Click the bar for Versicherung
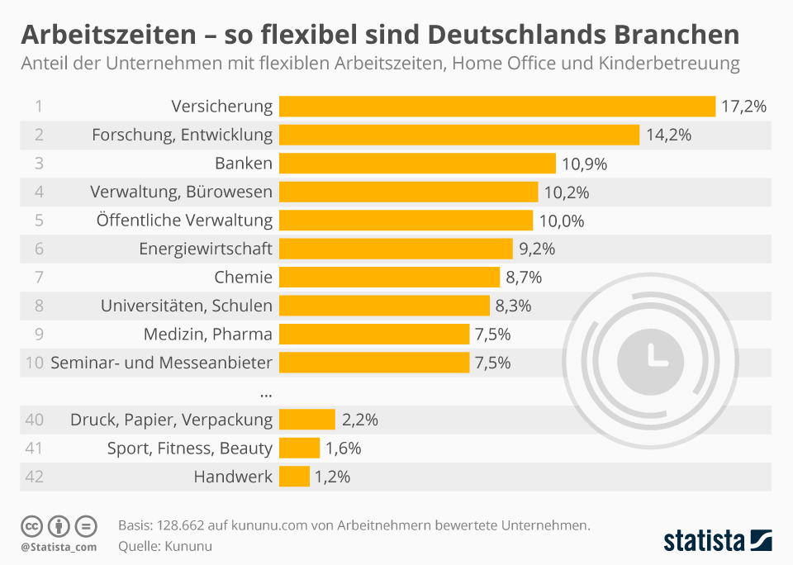[x=496, y=107]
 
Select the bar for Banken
[x=417, y=164]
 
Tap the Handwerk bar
[x=294, y=477]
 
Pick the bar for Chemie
[x=389, y=277]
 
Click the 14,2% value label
[x=668, y=135]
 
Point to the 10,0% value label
[x=562, y=221]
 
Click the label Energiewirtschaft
[x=207, y=249]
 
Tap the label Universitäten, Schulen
[x=187, y=306]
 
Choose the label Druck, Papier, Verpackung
[x=171, y=420]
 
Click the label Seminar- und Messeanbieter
[x=161, y=363]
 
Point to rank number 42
[x=35, y=477]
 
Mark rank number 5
[x=39, y=221]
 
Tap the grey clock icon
[x=650, y=355]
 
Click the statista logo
[x=717, y=541]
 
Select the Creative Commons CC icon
[x=31, y=525]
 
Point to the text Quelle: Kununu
[x=165, y=546]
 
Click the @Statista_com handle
[x=59, y=547]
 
